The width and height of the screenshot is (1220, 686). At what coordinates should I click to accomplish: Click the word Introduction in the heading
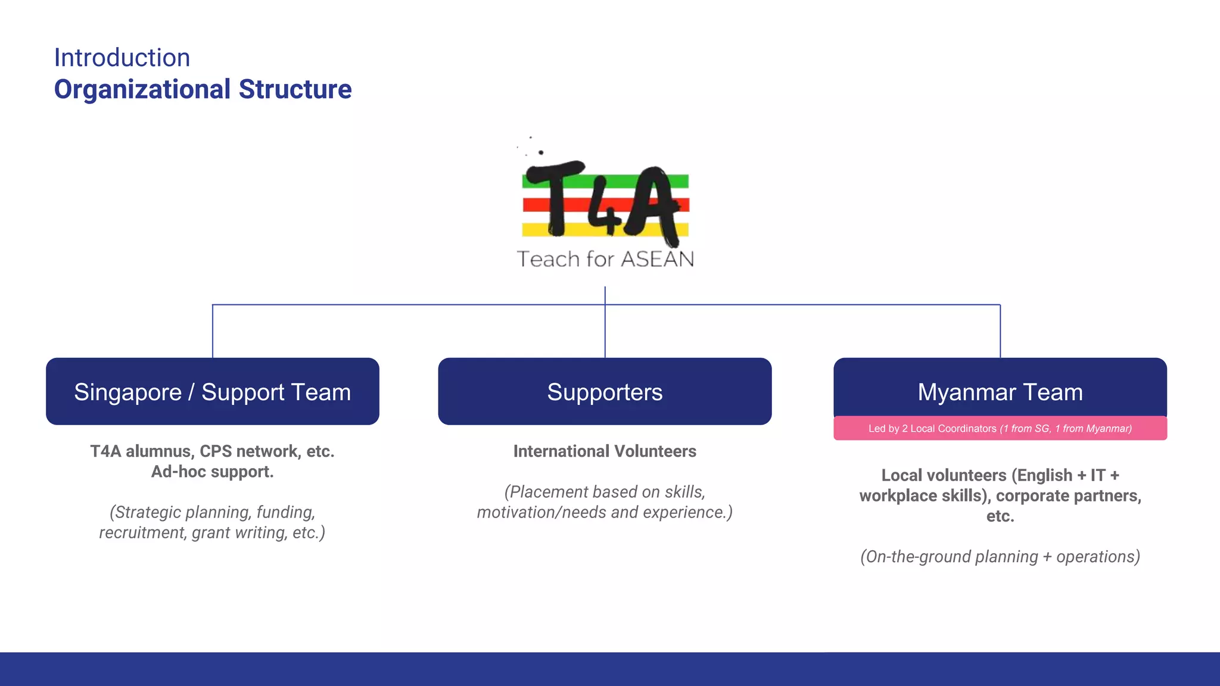(x=122, y=58)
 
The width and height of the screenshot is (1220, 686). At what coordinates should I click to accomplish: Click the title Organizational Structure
(x=203, y=89)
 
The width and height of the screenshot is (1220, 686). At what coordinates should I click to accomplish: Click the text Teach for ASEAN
(x=605, y=259)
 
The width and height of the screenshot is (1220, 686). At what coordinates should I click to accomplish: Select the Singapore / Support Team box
(x=212, y=391)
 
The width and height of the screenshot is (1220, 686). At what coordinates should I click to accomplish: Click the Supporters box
(x=605, y=391)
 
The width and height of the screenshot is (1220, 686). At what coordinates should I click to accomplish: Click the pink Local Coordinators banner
(x=1000, y=429)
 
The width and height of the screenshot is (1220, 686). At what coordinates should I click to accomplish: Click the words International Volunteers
(x=605, y=451)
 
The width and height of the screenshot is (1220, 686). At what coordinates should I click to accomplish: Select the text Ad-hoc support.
(x=212, y=472)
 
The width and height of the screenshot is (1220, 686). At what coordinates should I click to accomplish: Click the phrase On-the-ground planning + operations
(x=1000, y=557)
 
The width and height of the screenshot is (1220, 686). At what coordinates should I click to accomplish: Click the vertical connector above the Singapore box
(x=213, y=331)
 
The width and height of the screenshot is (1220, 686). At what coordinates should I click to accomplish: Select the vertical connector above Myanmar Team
(x=1000, y=331)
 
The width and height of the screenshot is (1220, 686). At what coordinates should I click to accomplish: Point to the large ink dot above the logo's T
(x=541, y=152)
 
